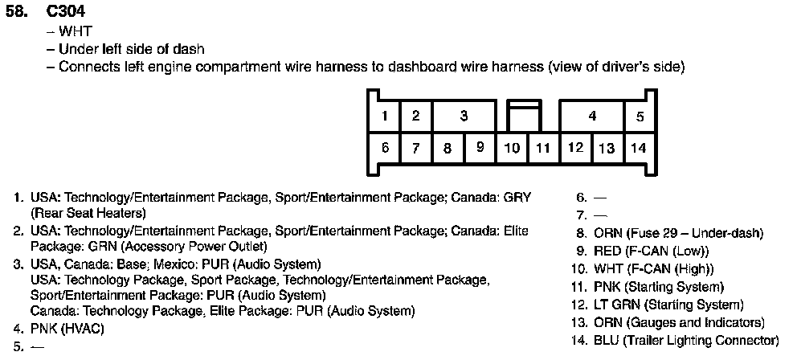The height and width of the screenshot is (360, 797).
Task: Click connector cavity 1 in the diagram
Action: click(385, 116)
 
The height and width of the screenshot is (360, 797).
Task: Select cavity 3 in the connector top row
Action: click(464, 116)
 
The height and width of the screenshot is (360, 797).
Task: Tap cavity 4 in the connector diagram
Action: click(592, 116)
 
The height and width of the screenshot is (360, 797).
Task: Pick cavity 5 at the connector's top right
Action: click(640, 116)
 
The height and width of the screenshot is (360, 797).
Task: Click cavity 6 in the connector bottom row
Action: click(385, 148)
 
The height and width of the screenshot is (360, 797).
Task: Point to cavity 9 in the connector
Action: click(480, 148)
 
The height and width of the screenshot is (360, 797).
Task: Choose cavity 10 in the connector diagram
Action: click(512, 148)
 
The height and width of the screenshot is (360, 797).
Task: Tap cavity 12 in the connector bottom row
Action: click(575, 148)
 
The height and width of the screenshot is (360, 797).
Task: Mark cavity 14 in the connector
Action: click(639, 148)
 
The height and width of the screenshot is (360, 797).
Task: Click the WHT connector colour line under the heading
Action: click(75, 32)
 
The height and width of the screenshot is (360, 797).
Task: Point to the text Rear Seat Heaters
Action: click(88, 213)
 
